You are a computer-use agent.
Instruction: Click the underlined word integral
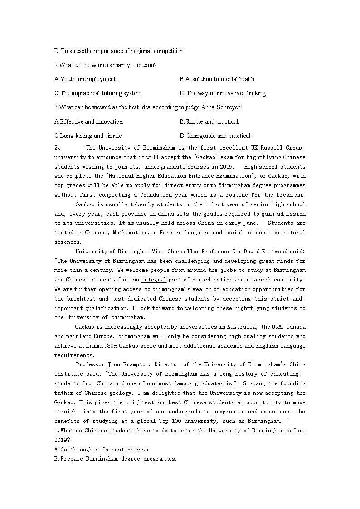coord(154,280)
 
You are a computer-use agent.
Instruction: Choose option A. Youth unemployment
coord(86,79)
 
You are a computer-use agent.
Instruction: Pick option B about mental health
coord(218,79)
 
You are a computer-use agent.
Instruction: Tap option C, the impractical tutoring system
coord(98,93)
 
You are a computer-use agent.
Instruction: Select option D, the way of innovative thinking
coord(223,93)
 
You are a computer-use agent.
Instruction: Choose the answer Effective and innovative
coord(89,122)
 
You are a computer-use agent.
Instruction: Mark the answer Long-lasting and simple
coord(88,136)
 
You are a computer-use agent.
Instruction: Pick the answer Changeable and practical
coord(215,136)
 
